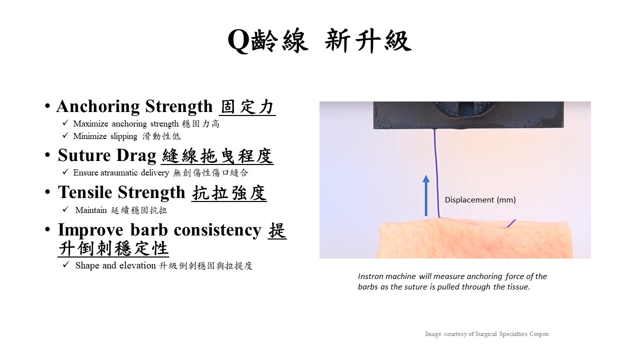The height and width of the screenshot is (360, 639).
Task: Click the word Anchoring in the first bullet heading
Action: (x=98, y=107)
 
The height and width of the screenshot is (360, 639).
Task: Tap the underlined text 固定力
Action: (x=247, y=107)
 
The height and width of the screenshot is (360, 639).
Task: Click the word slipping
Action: (x=124, y=136)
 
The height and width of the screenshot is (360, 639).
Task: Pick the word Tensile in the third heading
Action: (x=85, y=192)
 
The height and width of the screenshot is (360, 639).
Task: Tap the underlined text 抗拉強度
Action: (x=229, y=193)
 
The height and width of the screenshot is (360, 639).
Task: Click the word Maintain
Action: (x=91, y=210)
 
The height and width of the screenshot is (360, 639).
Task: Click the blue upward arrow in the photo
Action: (x=426, y=195)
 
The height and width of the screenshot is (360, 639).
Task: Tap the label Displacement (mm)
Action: (x=480, y=199)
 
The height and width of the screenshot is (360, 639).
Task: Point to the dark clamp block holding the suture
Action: (x=468, y=115)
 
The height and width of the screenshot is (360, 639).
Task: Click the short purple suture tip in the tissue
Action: (x=511, y=223)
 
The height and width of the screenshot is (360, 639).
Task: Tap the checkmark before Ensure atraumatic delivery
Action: (x=65, y=171)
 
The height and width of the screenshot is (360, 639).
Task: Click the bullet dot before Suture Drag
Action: (x=47, y=155)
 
